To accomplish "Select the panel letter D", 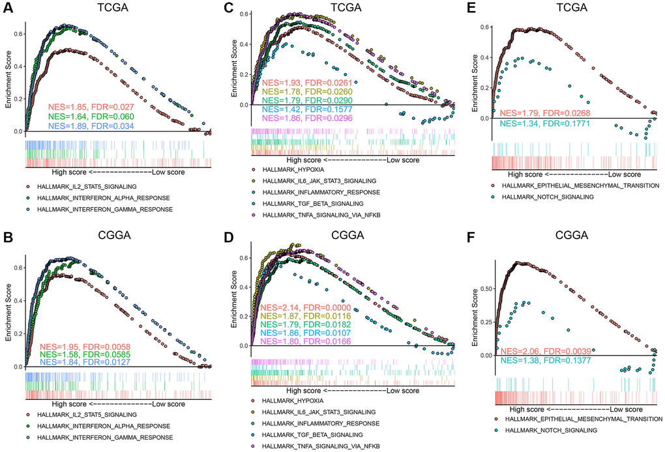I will point(228,236).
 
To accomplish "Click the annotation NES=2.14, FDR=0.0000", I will point(306,307).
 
